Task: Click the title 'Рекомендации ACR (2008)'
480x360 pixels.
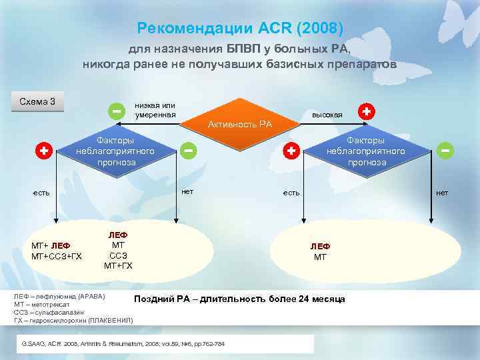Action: click(239, 29)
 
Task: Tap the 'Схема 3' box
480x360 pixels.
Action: click(37, 102)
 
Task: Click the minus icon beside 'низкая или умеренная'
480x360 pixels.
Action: click(117, 110)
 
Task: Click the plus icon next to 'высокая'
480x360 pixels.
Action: click(366, 111)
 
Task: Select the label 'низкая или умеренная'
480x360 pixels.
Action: click(155, 110)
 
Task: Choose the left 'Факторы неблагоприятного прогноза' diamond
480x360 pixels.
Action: click(115, 152)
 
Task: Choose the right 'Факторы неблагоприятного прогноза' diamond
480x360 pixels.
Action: click(365, 152)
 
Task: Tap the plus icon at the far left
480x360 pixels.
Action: click(43, 151)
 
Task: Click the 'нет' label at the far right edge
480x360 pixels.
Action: click(442, 193)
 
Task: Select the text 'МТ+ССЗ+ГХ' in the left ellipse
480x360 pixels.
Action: click(57, 256)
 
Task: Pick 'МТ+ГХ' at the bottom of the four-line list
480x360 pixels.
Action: click(118, 266)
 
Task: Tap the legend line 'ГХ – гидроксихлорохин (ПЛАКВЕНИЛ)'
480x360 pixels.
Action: click(73, 320)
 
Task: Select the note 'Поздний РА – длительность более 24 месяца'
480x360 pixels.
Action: click(239, 299)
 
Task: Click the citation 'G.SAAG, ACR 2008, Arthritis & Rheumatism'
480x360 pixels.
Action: click(123, 343)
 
